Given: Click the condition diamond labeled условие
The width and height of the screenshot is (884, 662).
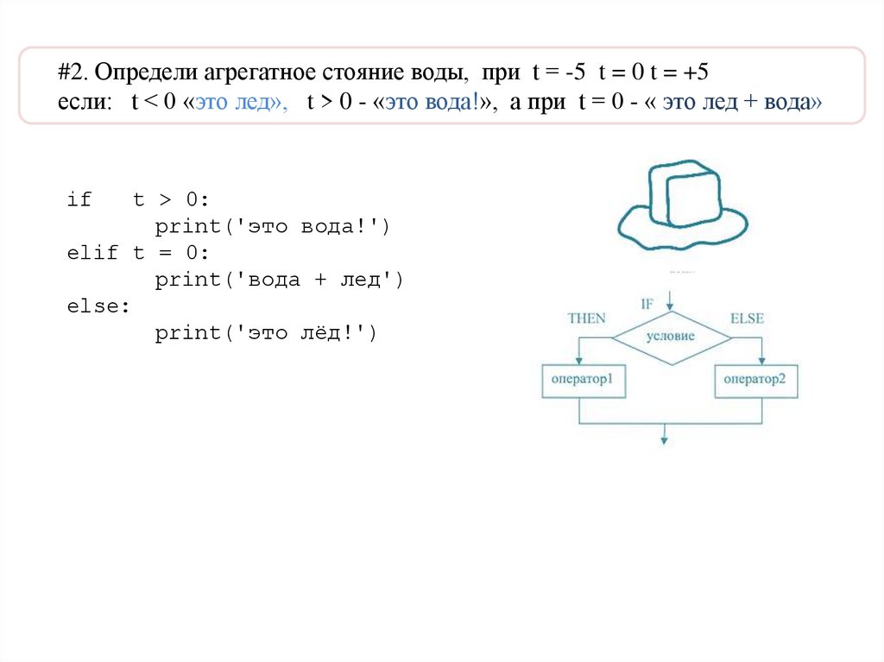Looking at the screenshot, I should click(670, 336).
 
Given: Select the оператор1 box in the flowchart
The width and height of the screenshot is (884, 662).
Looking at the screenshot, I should click(583, 380).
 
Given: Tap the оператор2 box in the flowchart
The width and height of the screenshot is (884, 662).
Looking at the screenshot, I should click(756, 380).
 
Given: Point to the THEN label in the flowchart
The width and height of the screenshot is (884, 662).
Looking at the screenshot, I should click(587, 318).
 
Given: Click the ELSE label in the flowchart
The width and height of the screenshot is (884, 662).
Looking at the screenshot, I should click(747, 318).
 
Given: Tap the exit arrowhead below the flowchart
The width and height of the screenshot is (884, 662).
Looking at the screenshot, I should click(664, 439).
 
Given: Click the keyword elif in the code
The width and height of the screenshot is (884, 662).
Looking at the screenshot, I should click(90, 253).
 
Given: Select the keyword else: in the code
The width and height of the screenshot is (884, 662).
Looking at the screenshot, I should click(95, 306).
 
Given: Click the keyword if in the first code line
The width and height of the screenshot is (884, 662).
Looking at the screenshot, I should click(79, 200).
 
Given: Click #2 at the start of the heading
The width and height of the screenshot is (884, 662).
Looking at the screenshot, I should click(70, 73).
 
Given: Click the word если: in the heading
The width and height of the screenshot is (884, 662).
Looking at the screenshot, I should click(85, 102).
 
